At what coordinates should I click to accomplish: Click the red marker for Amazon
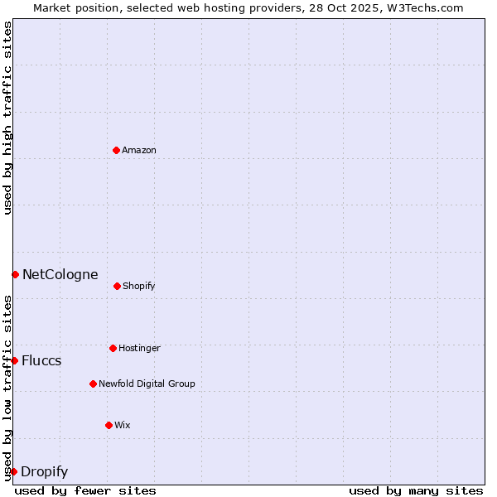(x=116, y=150)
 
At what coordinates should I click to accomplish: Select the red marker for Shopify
(x=117, y=286)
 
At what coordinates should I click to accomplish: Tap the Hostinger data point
(x=113, y=348)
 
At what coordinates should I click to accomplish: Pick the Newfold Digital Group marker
(x=93, y=384)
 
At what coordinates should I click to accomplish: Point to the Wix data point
(x=109, y=425)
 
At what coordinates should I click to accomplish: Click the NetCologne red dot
(x=15, y=274)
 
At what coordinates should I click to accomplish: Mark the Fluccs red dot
(x=14, y=360)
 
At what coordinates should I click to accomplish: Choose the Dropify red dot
(x=13, y=471)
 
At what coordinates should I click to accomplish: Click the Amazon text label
(x=139, y=150)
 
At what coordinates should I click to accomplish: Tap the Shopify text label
(x=139, y=286)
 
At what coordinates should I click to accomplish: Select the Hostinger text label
(x=139, y=348)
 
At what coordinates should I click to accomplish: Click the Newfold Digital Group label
(x=147, y=384)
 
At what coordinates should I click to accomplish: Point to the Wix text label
(x=123, y=425)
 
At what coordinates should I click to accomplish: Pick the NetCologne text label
(x=60, y=274)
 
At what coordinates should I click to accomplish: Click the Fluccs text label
(x=41, y=360)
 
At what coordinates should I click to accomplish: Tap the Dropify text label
(x=44, y=471)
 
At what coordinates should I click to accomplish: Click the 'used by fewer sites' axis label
(x=85, y=490)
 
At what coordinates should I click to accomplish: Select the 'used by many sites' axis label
(x=416, y=490)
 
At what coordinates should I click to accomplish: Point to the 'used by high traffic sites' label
(x=7, y=118)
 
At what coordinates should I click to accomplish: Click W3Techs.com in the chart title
(x=423, y=7)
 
